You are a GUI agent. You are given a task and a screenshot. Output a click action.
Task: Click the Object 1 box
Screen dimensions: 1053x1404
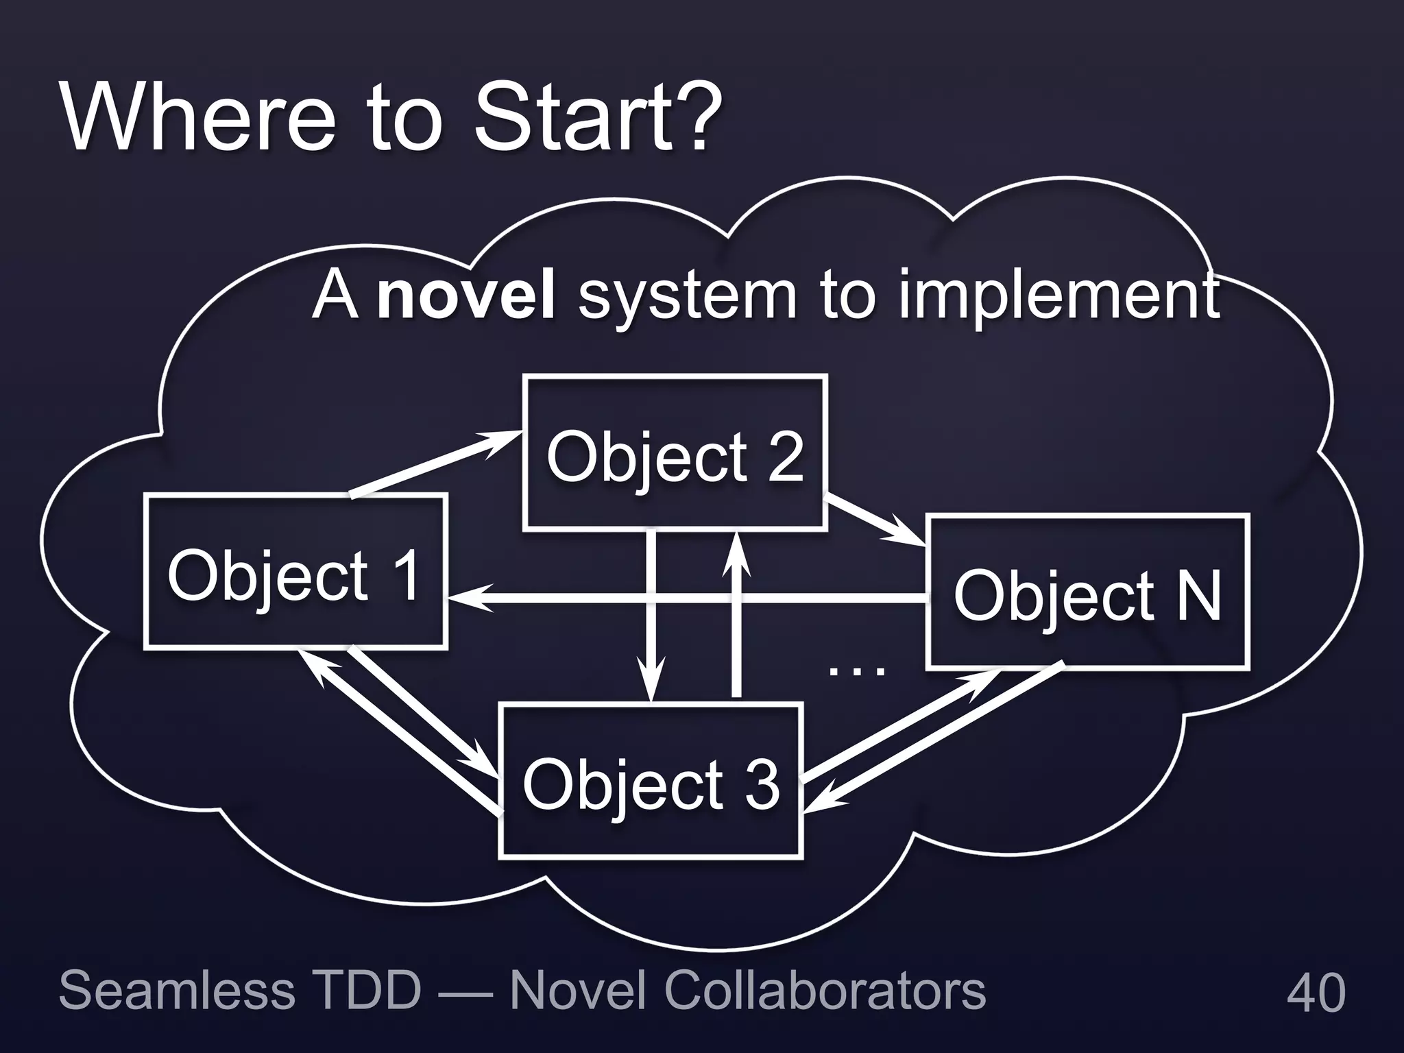295,571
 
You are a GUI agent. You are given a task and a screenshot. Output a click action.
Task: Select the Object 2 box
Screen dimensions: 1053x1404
675,453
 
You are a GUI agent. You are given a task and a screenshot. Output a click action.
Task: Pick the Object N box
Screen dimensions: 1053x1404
1087,592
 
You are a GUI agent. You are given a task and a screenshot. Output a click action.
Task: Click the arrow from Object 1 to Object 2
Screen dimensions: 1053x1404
432,463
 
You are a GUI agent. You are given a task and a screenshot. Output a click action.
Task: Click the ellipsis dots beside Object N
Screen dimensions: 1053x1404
857,670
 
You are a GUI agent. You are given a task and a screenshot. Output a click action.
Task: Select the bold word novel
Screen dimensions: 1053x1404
466,296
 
